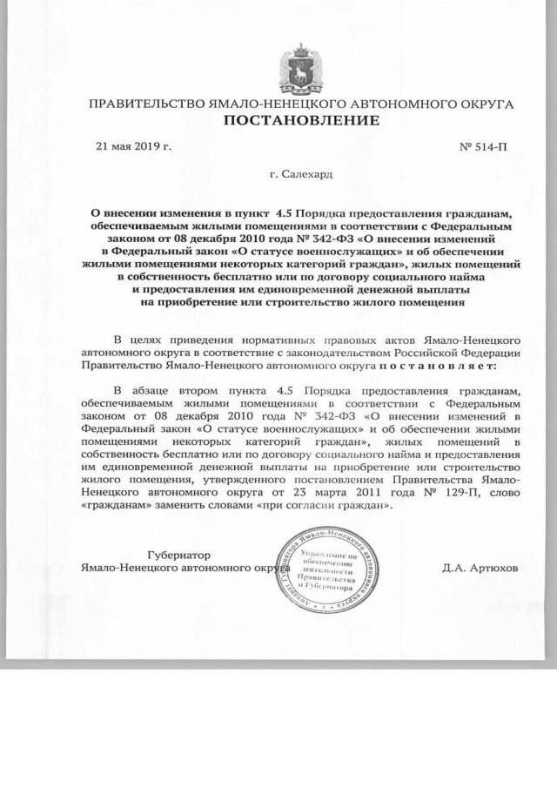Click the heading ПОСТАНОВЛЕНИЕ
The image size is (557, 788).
point(302,119)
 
